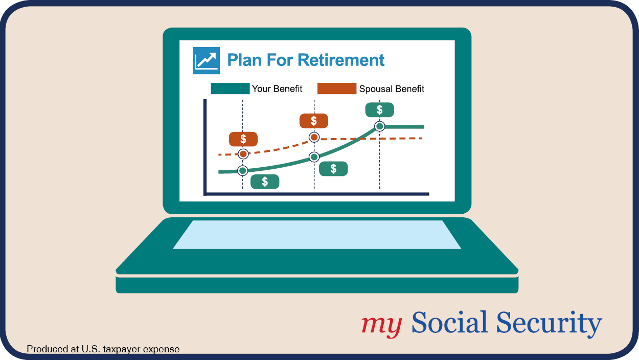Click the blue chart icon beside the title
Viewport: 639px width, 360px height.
pyautogui.click(x=206, y=60)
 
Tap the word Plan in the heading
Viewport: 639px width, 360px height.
pyautogui.click(x=244, y=60)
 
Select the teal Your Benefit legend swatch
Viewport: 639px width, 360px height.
pyautogui.click(x=230, y=88)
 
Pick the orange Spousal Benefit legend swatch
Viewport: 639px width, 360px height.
pyautogui.click(x=336, y=88)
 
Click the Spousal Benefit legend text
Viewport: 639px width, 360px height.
pyautogui.click(x=392, y=89)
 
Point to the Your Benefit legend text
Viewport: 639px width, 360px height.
pyautogui.click(x=277, y=88)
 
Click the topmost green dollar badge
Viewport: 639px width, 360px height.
pyautogui.click(x=379, y=110)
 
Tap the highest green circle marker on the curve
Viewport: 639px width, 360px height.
pyautogui.click(x=379, y=126)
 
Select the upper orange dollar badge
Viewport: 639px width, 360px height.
pyautogui.click(x=313, y=121)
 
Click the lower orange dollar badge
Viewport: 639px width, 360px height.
pyautogui.click(x=243, y=139)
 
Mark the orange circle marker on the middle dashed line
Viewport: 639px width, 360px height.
pyautogui.click(x=314, y=138)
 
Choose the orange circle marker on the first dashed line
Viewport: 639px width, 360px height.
pyautogui.click(x=243, y=154)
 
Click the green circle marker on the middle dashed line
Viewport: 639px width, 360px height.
pyautogui.click(x=314, y=157)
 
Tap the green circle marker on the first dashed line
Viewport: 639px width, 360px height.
pyautogui.click(x=242, y=171)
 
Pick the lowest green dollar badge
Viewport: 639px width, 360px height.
pyautogui.click(x=265, y=182)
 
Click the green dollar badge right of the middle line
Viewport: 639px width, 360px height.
pyautogui.click(x=333, y=169)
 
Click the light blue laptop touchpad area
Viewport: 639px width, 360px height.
pyautogui.click(x=317, y=235)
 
